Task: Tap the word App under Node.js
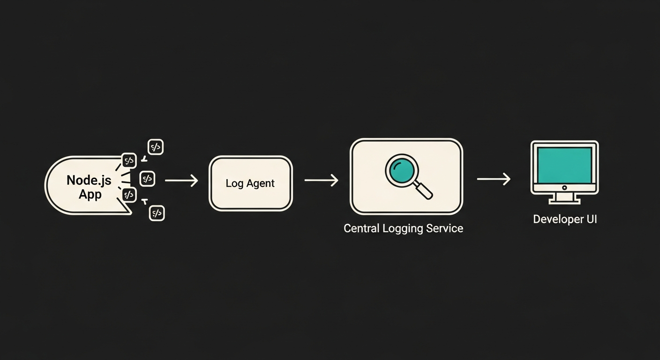point(90,194)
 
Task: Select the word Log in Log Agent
point(233,183)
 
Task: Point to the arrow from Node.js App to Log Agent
point(181,180)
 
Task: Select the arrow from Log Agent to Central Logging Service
point(321,180)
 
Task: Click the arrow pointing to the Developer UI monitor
point(493,179)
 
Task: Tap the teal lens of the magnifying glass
point(401,170)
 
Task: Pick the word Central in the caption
point(361,229)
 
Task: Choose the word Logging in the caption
point(404,229)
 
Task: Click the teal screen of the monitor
point(564,165)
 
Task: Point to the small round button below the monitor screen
point(564,187)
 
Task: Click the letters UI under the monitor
point(591,219)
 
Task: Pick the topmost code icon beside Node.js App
point(156,147)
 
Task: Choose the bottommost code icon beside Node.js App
point(157,213)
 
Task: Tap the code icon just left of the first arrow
point(147,179)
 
